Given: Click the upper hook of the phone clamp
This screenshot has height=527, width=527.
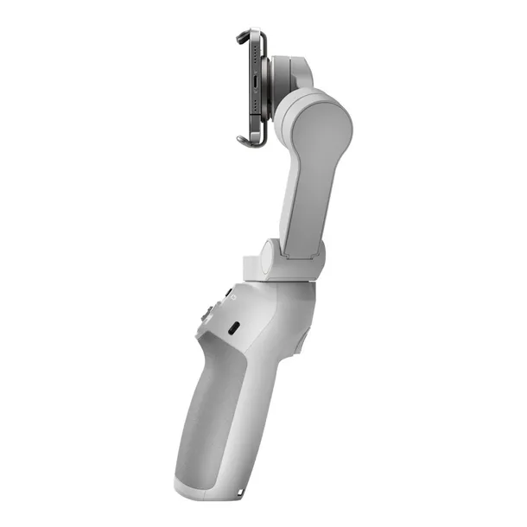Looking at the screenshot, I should (x=245, y=36).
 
